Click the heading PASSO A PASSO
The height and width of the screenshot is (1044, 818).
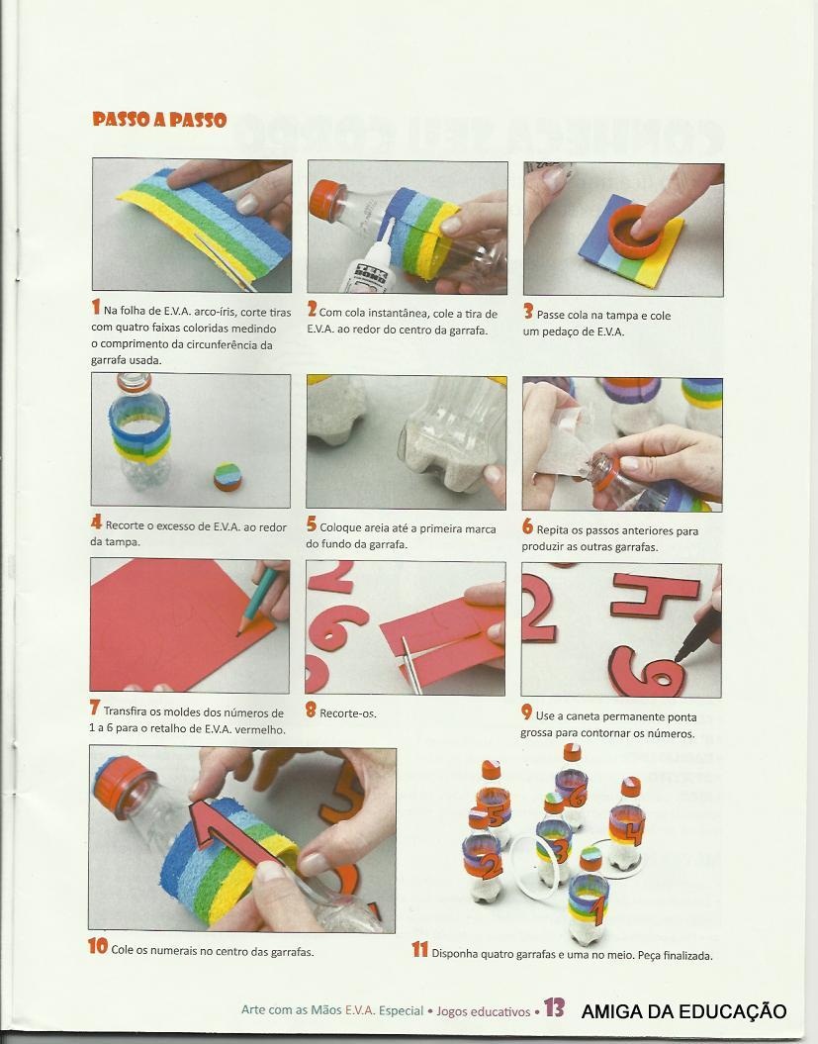coord(159,120)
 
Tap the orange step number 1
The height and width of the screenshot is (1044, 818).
coord(96,307)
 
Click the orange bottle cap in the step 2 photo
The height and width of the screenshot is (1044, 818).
coord(325,201)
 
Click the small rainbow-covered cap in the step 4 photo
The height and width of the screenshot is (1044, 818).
coord(227,477)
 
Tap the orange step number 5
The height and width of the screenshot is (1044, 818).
coord(312,524)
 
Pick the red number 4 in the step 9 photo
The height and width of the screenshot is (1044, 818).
coord(655,596)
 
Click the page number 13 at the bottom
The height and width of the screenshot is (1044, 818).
coord(555,1007)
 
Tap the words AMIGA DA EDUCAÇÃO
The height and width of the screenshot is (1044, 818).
coord(683,1010)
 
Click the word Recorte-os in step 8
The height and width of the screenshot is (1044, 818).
coord(348,713)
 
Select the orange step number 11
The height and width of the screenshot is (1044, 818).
coord(420,949)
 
